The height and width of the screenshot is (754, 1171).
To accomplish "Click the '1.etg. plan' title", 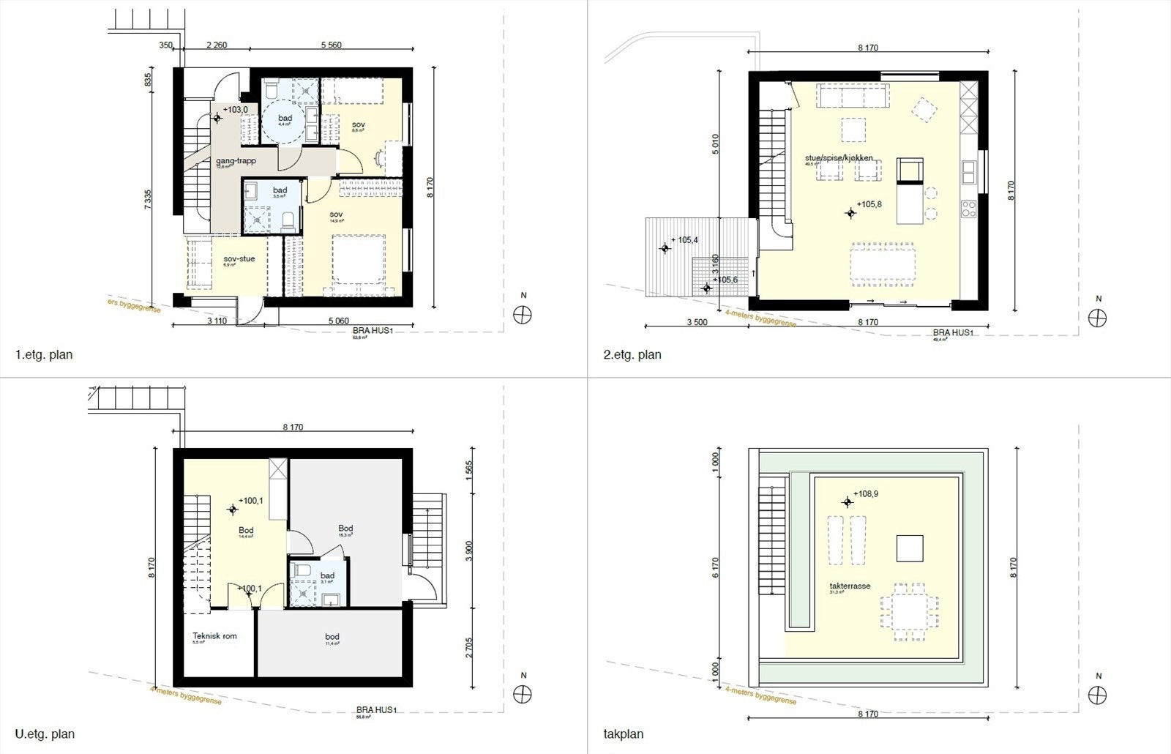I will [44, 355].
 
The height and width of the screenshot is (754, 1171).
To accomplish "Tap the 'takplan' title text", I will [624, 734].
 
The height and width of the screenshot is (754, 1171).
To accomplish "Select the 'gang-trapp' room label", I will [236, 161].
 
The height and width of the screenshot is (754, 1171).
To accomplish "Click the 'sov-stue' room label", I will [239, 258].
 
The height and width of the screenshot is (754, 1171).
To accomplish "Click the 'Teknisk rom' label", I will [214, 635].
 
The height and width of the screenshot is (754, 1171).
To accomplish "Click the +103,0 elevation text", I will [235, 110].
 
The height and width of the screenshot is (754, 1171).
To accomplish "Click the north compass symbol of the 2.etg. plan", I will [1096, 317].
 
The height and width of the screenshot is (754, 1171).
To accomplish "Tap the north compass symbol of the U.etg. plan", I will [523, 693].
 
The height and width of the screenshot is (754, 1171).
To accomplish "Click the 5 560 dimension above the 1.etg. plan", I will [332, 45].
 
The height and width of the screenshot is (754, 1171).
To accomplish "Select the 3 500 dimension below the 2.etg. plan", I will [696, 322].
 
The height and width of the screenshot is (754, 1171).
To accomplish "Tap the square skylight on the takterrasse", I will [910, 548].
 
